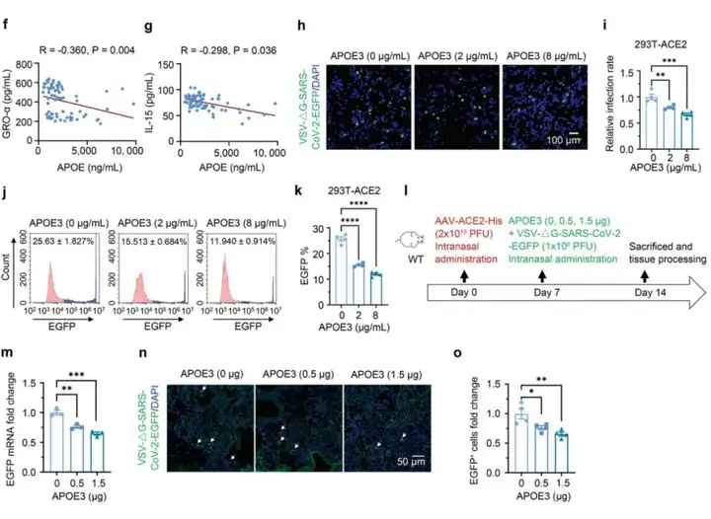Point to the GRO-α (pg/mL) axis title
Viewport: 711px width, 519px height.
pos(7,98)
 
